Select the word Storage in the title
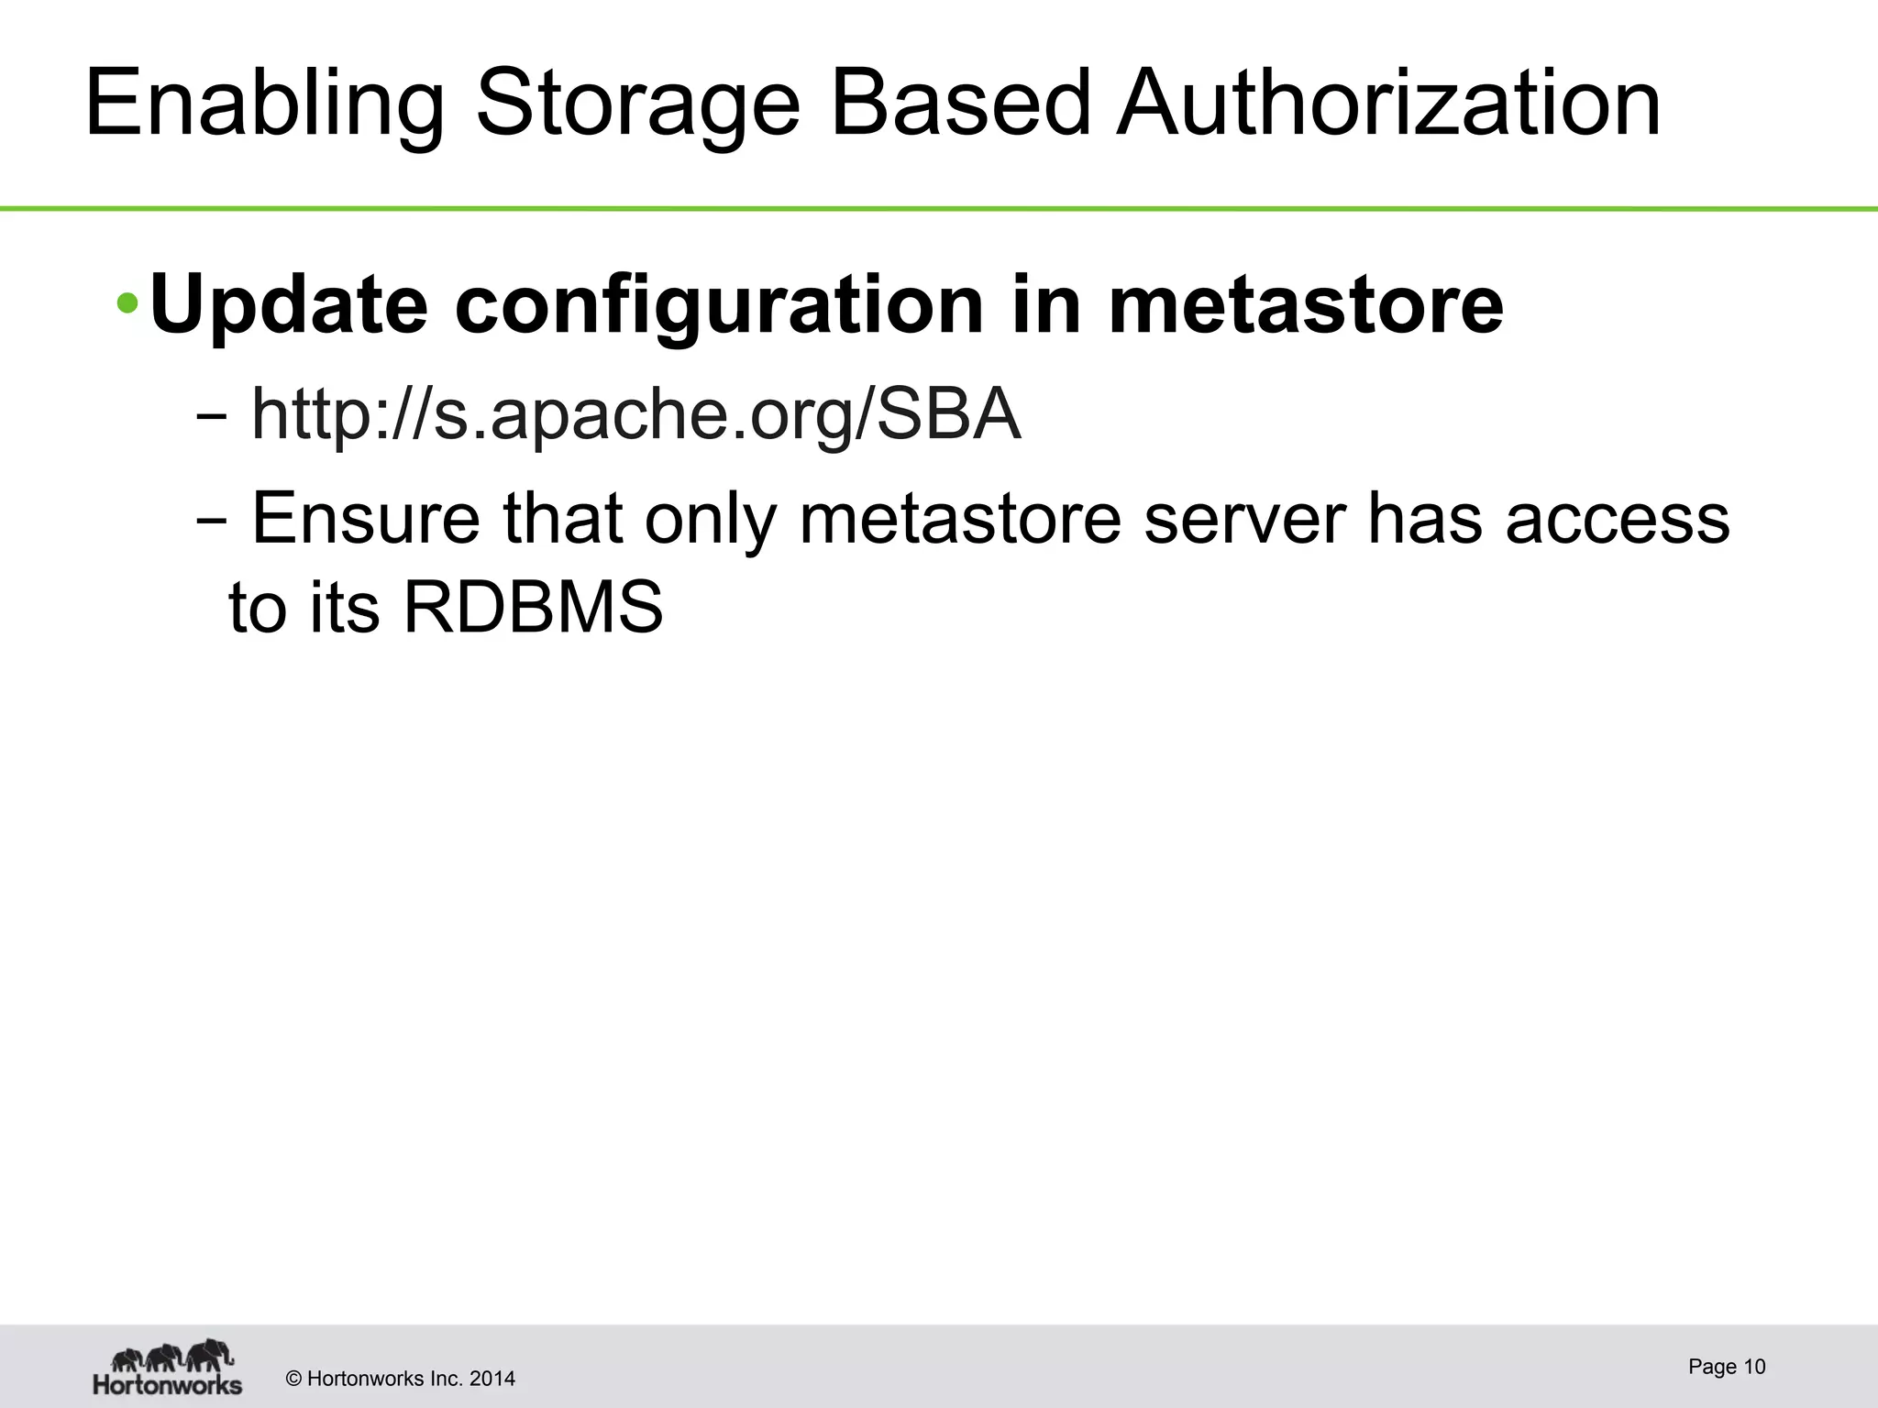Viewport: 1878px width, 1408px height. point(638,106)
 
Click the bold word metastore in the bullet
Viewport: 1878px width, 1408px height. point(1307,305)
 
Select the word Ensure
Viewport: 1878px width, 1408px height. point(366,519)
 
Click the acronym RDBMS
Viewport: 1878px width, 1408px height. point(533,608)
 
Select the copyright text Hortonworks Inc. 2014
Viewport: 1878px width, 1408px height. point(401,1379)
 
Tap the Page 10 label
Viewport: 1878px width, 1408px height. point(1727,1367)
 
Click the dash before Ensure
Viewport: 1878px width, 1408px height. point(212,520)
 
